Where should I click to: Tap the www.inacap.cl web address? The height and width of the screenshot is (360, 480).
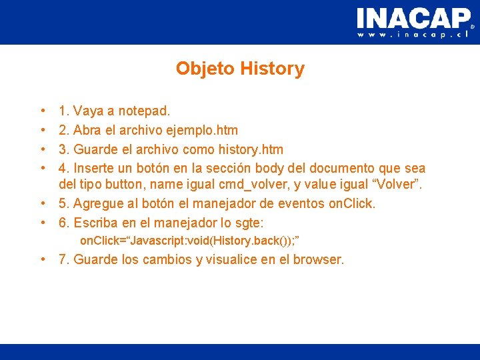[413, 35]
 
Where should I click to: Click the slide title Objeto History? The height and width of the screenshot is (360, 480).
[240, 69]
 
